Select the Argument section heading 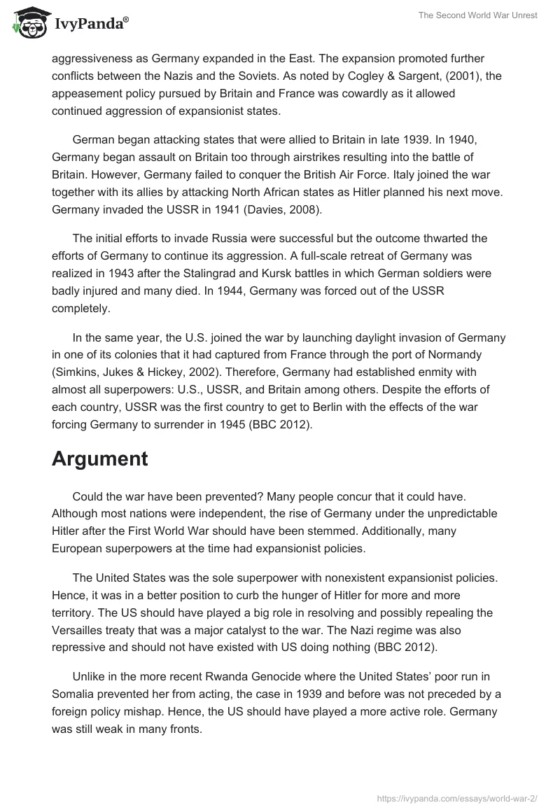pyautogui.click(x=99, y=458)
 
